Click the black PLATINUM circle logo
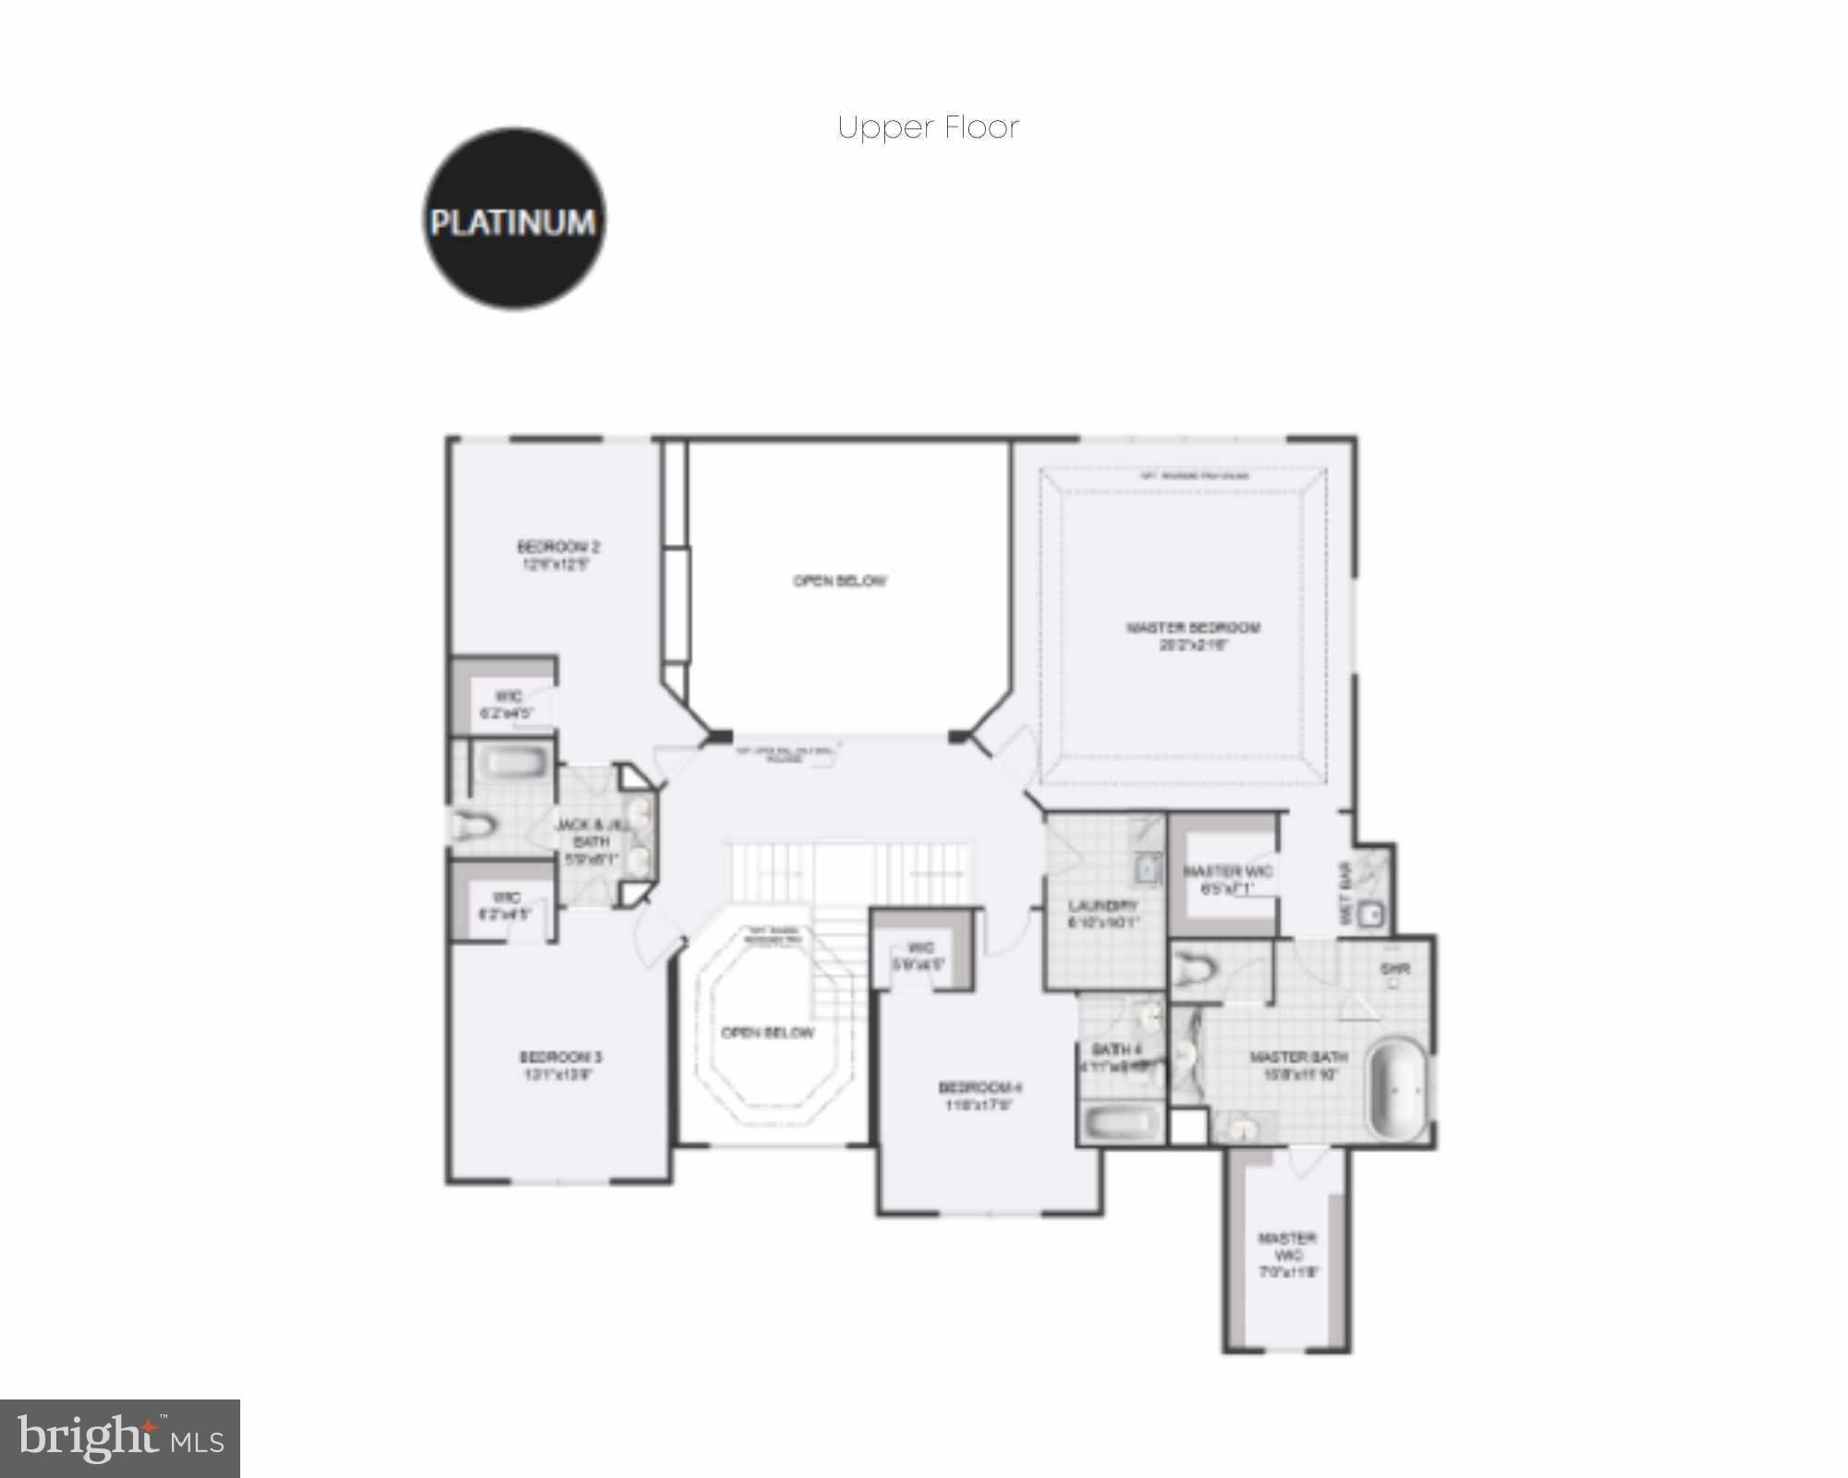[x=514, y=219]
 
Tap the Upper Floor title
[x=928, y=127]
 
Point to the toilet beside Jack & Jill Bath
[x=474, y=823]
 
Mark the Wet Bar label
[x=1345, y=894]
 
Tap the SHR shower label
[x=1394, y=970]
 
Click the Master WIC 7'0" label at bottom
[x=1287, y=1254]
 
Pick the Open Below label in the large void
[x=840, y=581]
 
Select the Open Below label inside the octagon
[x=768, y=1033]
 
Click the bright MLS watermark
[x=120, y=1438]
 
